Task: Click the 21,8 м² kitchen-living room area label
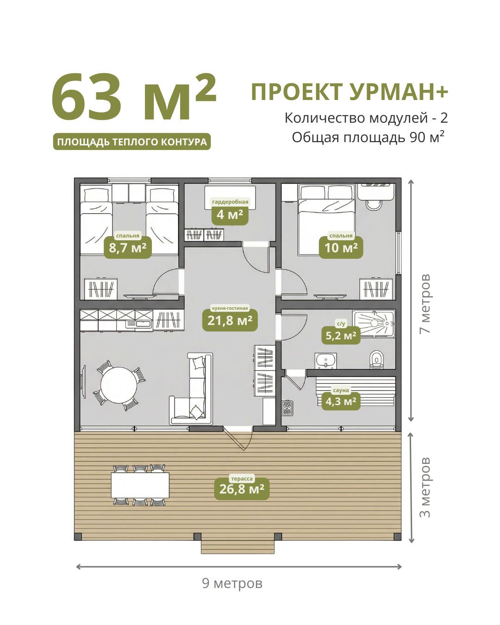coord(230,320)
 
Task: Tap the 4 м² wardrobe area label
coord(230,215)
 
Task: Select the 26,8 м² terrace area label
coord(242,489)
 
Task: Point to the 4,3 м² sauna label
coord(341,401)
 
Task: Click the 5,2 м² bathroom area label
coord(341,336)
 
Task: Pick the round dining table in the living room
coord(119,385)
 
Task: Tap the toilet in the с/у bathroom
coord(376,360)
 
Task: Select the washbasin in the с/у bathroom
coord(325,361)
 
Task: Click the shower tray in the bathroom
coord(374,324)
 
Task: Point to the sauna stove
coord(287,407)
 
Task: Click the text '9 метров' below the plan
coord(232,583)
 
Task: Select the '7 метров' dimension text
coord(425,304)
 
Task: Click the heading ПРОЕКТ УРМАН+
coord(350,92)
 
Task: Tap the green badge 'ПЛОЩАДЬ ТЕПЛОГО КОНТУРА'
coord(132,142)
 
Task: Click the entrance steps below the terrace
coord(237,547)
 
